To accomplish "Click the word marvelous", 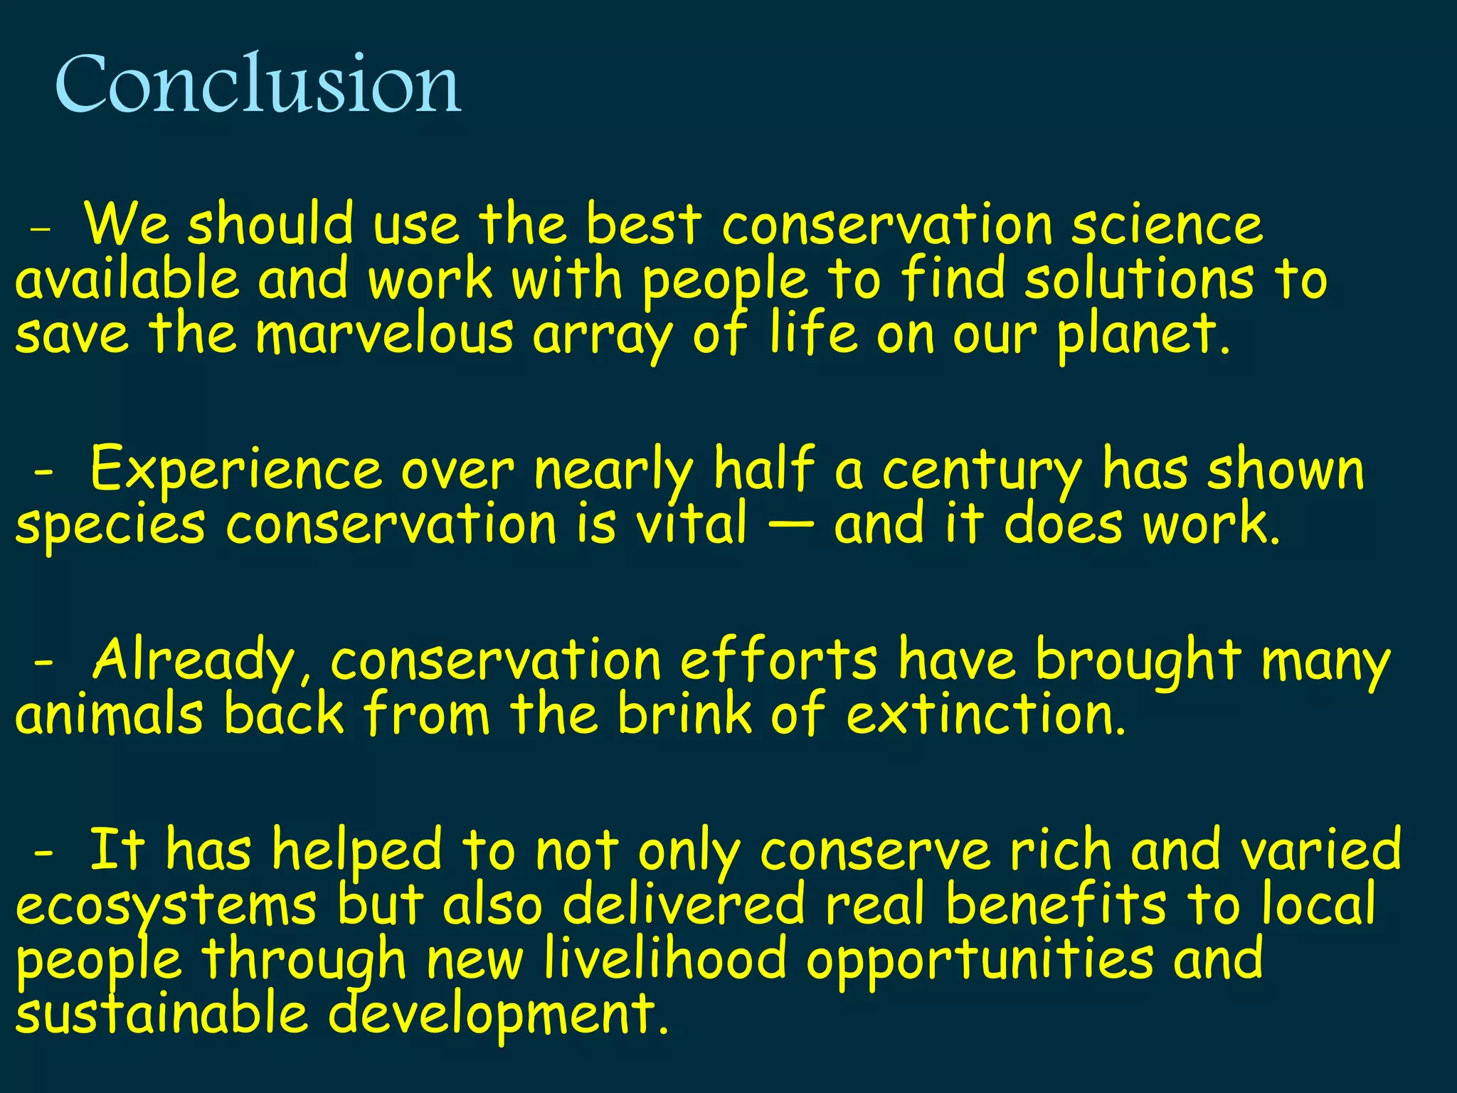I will point(384,334).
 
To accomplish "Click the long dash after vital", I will point(790,526).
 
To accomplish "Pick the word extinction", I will point(986,714).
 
